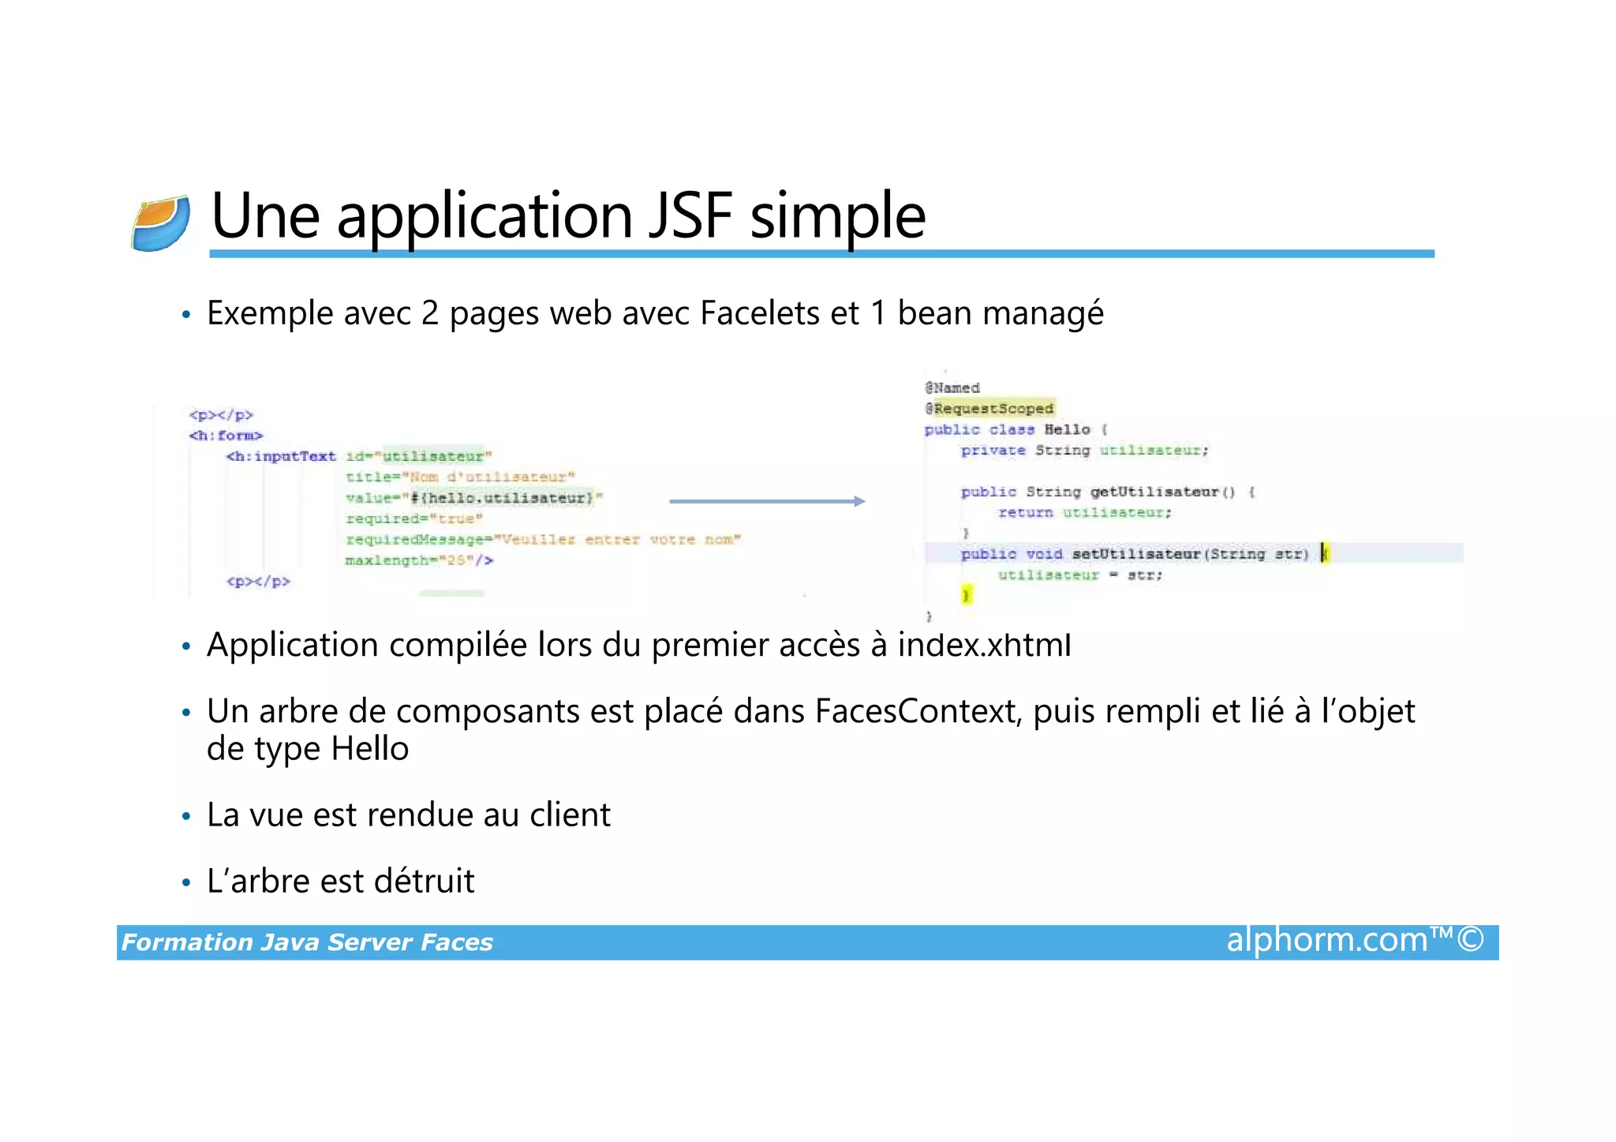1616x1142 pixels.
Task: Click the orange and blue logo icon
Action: (x=161, y=223)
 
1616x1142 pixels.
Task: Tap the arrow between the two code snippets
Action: (x=767, y=501)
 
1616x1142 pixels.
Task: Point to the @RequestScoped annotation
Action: (x=989, y=409)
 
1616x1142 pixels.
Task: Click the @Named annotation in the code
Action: (x=952, y=388)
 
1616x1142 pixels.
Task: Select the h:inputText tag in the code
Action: (x=281, y=456)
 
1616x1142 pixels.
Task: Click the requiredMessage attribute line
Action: (x=543, y=540)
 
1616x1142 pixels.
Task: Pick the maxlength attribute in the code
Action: (x=419, y=560)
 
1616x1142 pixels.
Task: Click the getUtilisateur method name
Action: (x=1154, y=492)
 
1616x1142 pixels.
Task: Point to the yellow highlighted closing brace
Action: (x=967, y=594)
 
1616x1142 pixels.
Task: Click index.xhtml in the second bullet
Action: (x=984, y=646)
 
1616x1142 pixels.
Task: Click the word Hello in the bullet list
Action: (x=369, y=749)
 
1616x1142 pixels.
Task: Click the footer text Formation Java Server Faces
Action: (x=307, y=942)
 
